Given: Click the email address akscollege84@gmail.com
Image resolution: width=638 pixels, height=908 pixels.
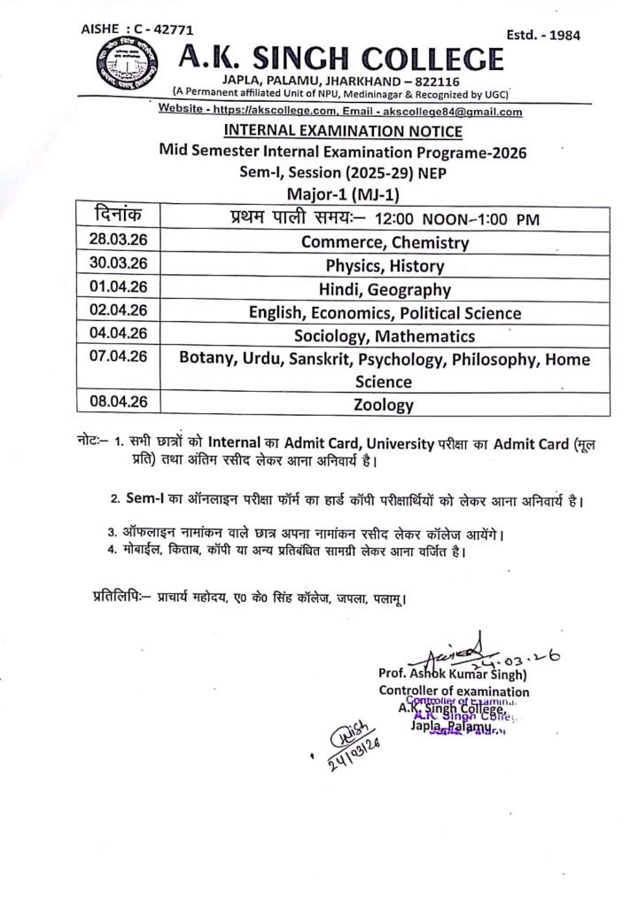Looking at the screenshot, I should coord(450,113).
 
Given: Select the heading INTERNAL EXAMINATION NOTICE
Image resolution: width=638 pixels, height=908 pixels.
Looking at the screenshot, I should coord(343,132).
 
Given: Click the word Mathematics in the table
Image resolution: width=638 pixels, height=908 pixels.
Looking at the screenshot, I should coord(425,336).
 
